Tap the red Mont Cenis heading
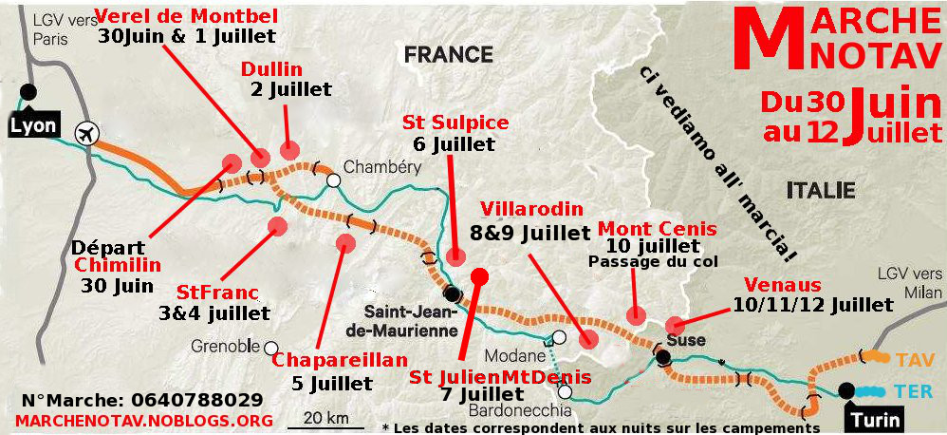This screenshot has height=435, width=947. pos(656,230)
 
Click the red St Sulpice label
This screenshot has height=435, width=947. pos(455,123)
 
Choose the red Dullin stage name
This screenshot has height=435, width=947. pos(271,68)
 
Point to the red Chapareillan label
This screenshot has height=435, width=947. pos(340,361)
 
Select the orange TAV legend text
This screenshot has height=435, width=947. pos(909,360)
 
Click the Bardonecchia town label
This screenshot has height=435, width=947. pos(518,410)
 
